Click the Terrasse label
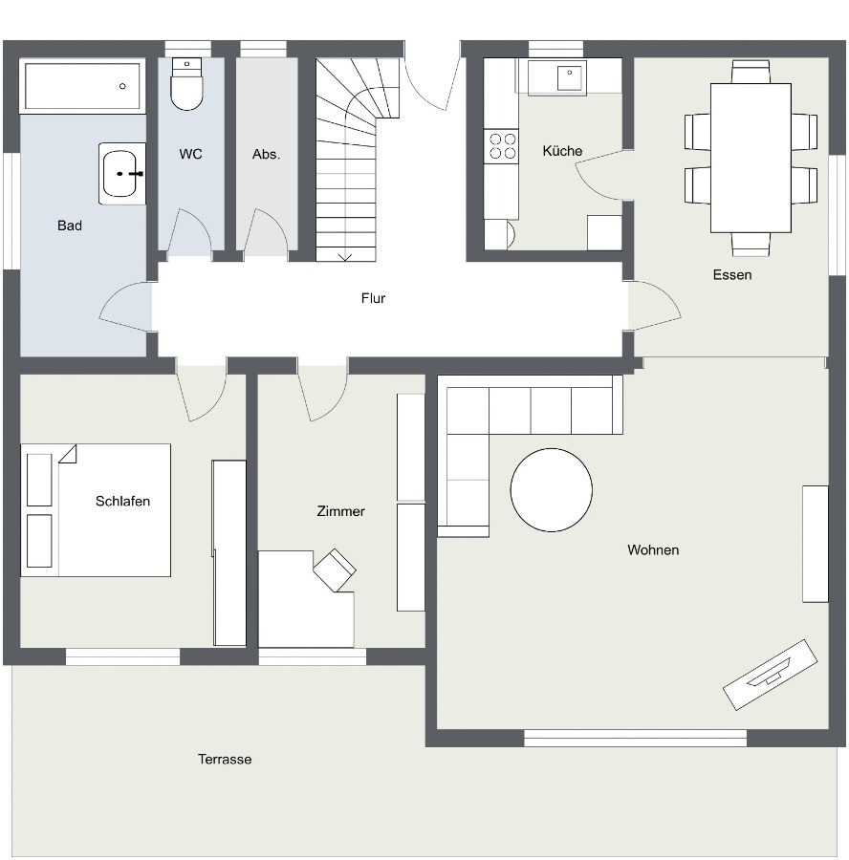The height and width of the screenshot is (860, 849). click(x=225, y=759)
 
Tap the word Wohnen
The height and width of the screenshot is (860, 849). click(x=653, y=549)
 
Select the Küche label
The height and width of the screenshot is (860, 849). click(x=562, y=151)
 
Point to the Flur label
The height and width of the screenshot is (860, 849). click(x=373, y=298)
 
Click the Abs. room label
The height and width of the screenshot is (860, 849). click(x=266, y=154)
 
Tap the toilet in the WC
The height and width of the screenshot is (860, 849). click(x=186, y=84)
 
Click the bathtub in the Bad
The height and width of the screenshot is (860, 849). click(x=82, y=86)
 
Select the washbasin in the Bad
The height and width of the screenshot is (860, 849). click(x=121, y=174)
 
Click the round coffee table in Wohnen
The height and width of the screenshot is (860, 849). click(x=551, y=490)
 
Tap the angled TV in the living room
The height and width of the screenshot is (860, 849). click(x=770, y=675)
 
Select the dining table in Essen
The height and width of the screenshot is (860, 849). click(x=751, y=158)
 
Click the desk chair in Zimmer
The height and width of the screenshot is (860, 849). click(x=335, y=570)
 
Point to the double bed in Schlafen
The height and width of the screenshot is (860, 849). click(x=96, y=510)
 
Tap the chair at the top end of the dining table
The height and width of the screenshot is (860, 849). click(x=751, y=73)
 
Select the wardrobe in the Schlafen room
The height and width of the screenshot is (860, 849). click(x=229, y=553)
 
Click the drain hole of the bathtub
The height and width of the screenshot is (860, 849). click(x=122, y=86)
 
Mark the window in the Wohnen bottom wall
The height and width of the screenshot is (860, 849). click(x=636, y=739)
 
